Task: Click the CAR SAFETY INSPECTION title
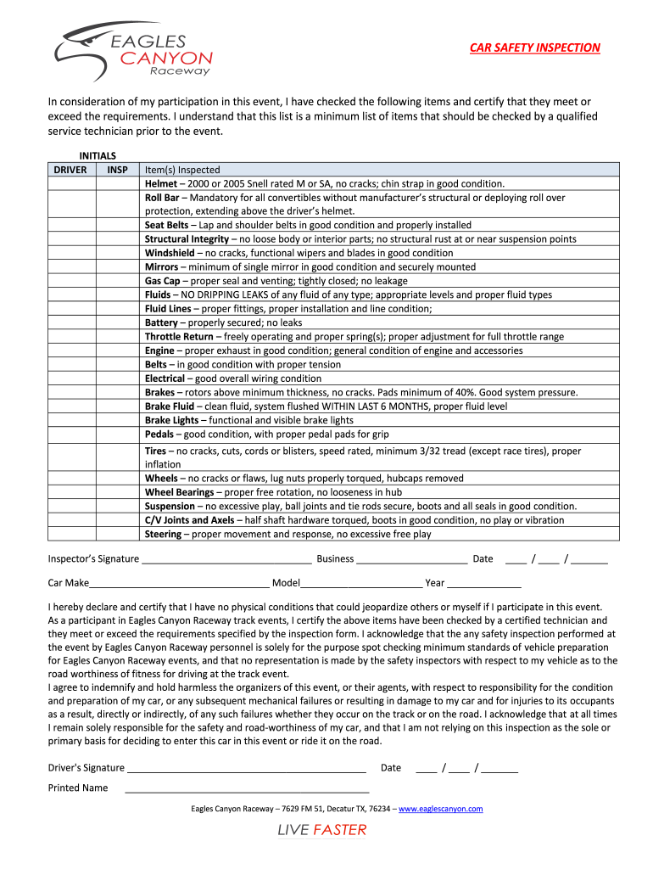coord(535,48)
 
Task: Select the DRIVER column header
coord(70,170)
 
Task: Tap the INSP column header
coord(118,170)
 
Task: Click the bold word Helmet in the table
coord(161,183)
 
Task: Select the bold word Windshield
coord(170,253)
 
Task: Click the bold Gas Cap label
coord(162,281)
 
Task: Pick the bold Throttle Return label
coord(179,337)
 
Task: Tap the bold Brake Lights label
coord(172,420)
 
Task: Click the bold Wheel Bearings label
coord(180,492)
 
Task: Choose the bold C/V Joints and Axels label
coord(189,520)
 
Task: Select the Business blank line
coord(411,560)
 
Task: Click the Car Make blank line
coord(179,584)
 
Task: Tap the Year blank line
coord(483,584)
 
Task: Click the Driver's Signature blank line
coord(246,769)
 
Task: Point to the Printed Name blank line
coord(246,789)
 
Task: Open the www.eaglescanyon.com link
coord(440,809)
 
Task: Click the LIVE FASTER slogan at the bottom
coord(322,830)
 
